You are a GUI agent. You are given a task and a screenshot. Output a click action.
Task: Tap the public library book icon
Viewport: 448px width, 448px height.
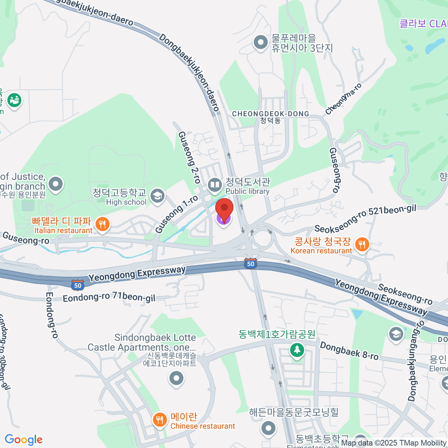(215, 185)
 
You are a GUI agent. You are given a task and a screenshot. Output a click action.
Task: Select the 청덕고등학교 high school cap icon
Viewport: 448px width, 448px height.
(158, 196)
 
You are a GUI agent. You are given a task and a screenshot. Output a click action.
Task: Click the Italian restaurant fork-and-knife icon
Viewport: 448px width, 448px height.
(102, 224)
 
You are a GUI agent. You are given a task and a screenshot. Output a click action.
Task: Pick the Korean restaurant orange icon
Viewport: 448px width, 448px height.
(361, 245)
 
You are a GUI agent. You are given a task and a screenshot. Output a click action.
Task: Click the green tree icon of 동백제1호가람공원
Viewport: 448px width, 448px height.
(297, 350)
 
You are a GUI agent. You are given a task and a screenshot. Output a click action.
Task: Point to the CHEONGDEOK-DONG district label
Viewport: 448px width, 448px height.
(271, 114)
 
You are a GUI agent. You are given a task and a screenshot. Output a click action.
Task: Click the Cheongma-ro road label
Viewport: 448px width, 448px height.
(343, 99)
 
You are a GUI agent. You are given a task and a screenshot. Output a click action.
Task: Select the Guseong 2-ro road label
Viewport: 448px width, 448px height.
(189, 157)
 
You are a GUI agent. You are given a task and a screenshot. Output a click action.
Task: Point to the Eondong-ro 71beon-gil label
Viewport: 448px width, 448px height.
(109, 298)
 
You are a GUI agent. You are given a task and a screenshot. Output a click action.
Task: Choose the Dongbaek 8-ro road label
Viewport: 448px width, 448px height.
(349, 351)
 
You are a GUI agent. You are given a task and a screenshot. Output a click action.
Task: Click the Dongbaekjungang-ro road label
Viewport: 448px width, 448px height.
(416, 360)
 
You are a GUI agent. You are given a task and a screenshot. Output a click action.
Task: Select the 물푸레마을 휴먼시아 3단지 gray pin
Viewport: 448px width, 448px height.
(260, 43)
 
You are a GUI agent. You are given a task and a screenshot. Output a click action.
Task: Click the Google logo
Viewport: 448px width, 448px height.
(24, 439)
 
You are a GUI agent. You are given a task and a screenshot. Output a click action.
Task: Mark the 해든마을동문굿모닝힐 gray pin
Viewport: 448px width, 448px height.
(268, 428)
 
